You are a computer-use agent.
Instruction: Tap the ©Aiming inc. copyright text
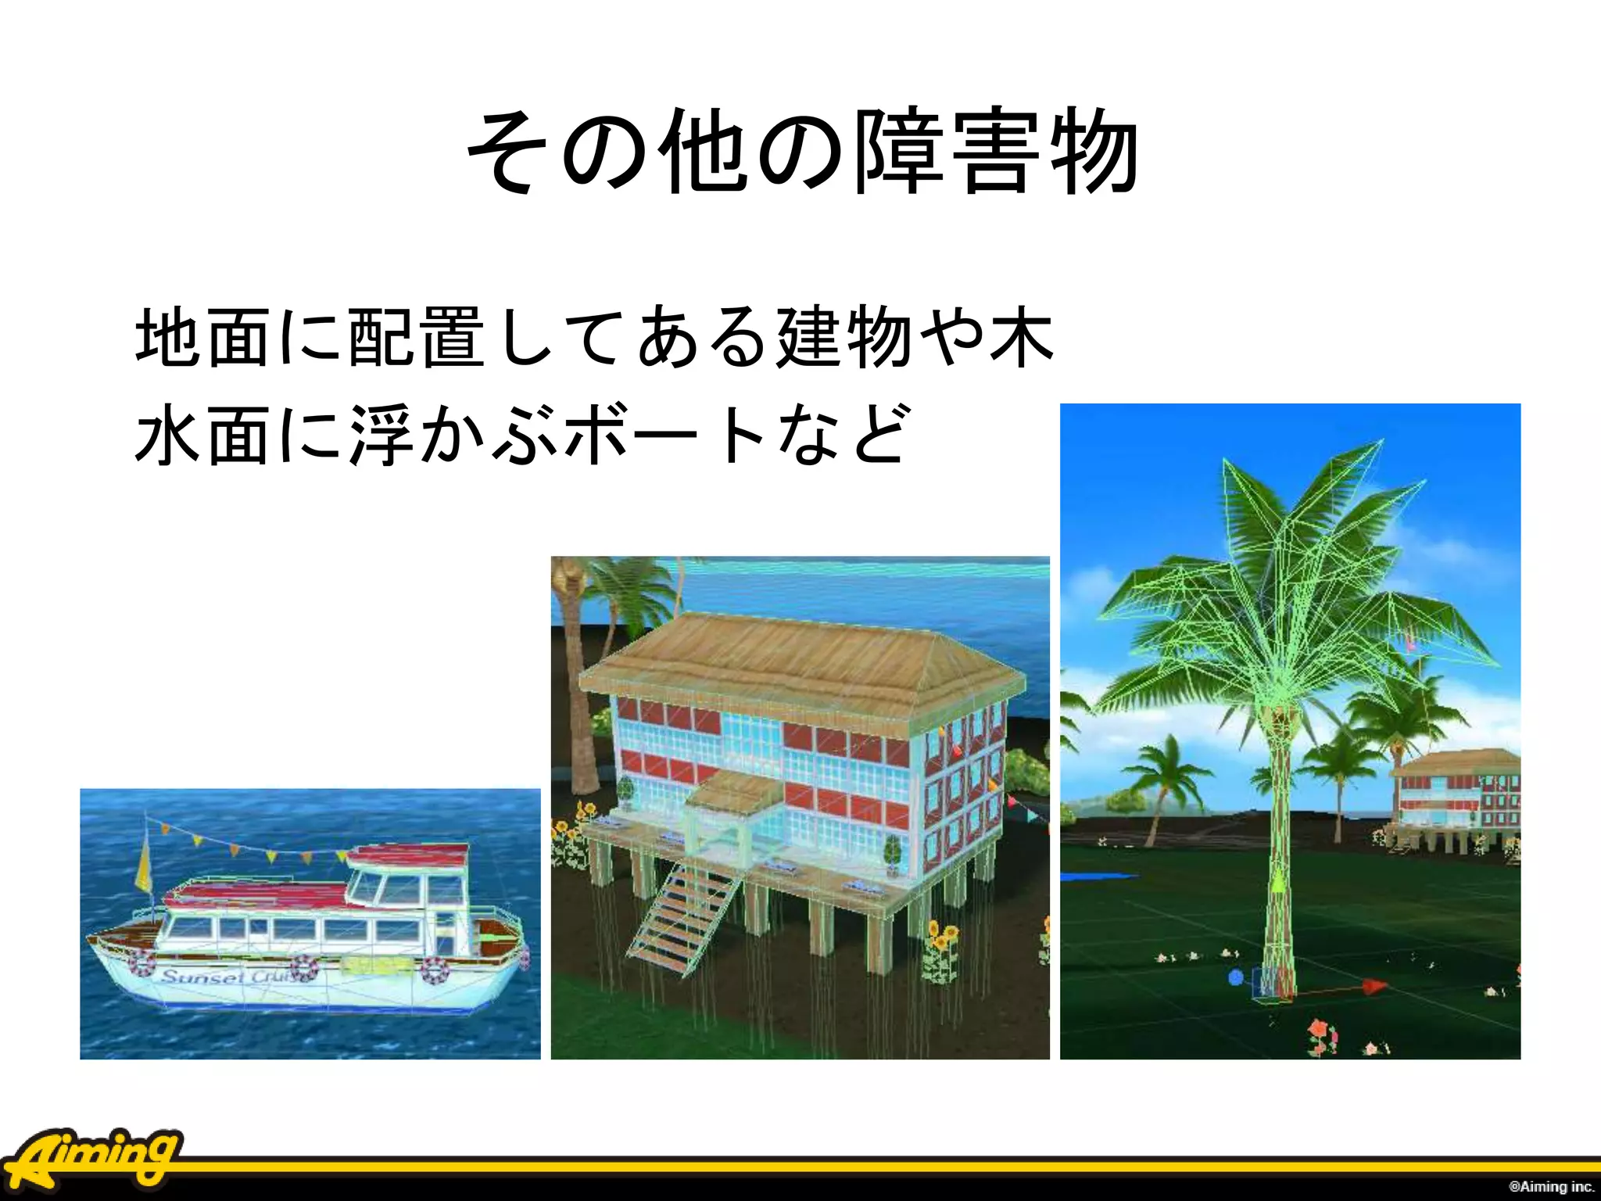pos(1551,1186)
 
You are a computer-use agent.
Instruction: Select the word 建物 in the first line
pos(844,338)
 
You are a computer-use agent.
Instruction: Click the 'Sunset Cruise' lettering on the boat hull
pos(227,977)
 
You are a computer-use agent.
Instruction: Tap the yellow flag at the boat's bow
pos(144,864)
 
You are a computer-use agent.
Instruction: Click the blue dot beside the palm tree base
pos(1235,977)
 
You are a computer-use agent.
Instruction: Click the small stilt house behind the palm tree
pos(1458,798)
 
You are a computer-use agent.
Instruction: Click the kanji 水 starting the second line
pos(167,434)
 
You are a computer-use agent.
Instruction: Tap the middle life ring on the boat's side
pos(303,968)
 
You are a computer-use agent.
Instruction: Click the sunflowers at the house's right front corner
pos(940,950)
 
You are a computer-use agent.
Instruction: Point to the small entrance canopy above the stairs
pos(735,794)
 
